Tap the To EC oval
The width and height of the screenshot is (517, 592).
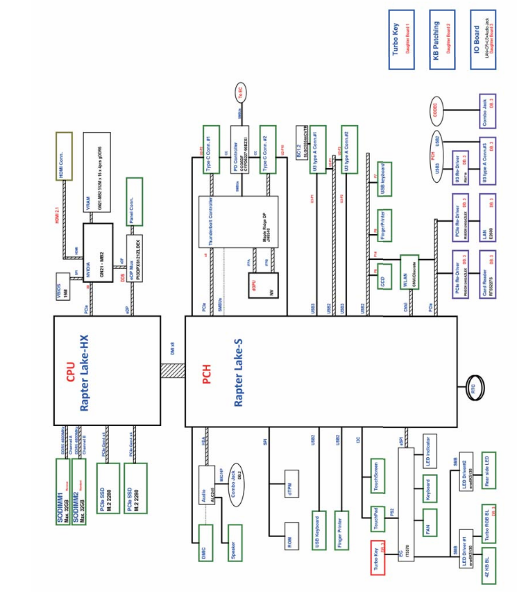pos(238,92)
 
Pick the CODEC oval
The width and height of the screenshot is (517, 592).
pos(437,110)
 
